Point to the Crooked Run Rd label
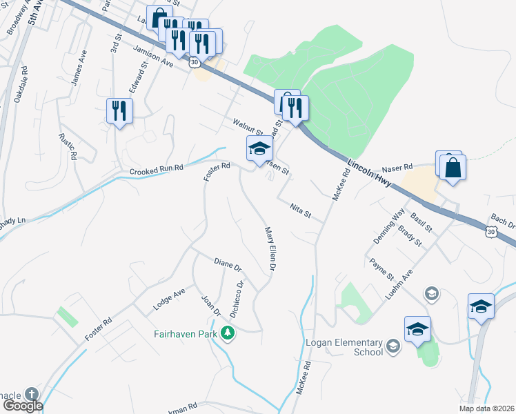point(157,169)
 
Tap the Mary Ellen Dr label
point(272,248)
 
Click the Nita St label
point(297,207)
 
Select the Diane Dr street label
point(228,264)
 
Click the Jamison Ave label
point(153,54)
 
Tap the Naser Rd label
point(397,168)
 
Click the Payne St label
point(381,270)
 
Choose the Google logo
point(22,406)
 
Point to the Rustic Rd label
point(68,146)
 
